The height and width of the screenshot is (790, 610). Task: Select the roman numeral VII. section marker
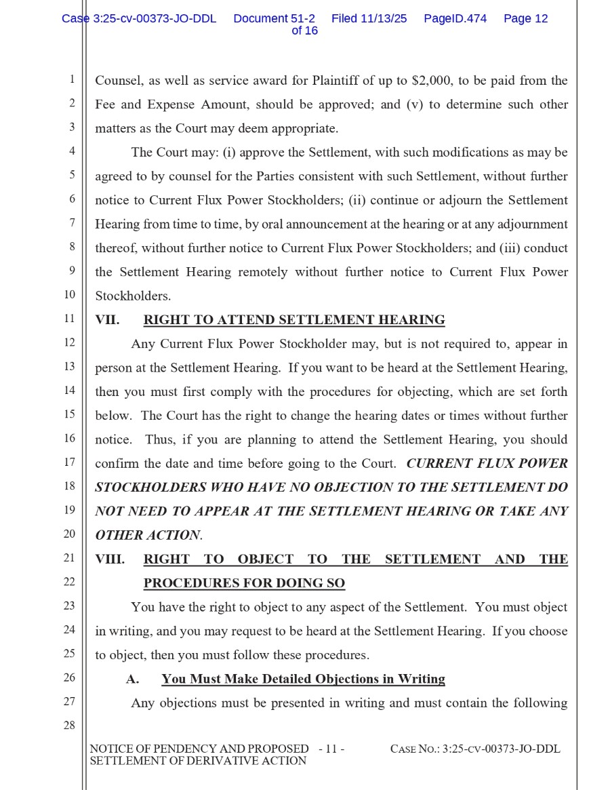coord(107,320)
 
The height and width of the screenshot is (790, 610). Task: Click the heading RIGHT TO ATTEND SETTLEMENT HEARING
coord(294,320)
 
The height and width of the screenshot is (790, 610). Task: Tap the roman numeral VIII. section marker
coord(110,559)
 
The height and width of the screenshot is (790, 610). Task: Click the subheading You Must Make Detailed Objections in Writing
coord(303,679)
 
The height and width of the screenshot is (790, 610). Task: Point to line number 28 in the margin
coord(69,726)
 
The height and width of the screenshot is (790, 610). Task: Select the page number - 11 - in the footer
coord(331,749)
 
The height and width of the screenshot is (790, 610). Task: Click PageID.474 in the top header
coord(455,19)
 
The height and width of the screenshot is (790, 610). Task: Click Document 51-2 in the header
coord(274,19)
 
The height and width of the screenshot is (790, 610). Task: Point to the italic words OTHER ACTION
coord(148,535)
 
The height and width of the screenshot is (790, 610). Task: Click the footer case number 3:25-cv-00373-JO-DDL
coord(501,749)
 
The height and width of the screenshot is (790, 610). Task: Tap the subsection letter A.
coord(132,679)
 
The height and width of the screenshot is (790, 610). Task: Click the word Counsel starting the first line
coord(117,81)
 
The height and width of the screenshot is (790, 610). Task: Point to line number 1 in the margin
coord(71,79)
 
